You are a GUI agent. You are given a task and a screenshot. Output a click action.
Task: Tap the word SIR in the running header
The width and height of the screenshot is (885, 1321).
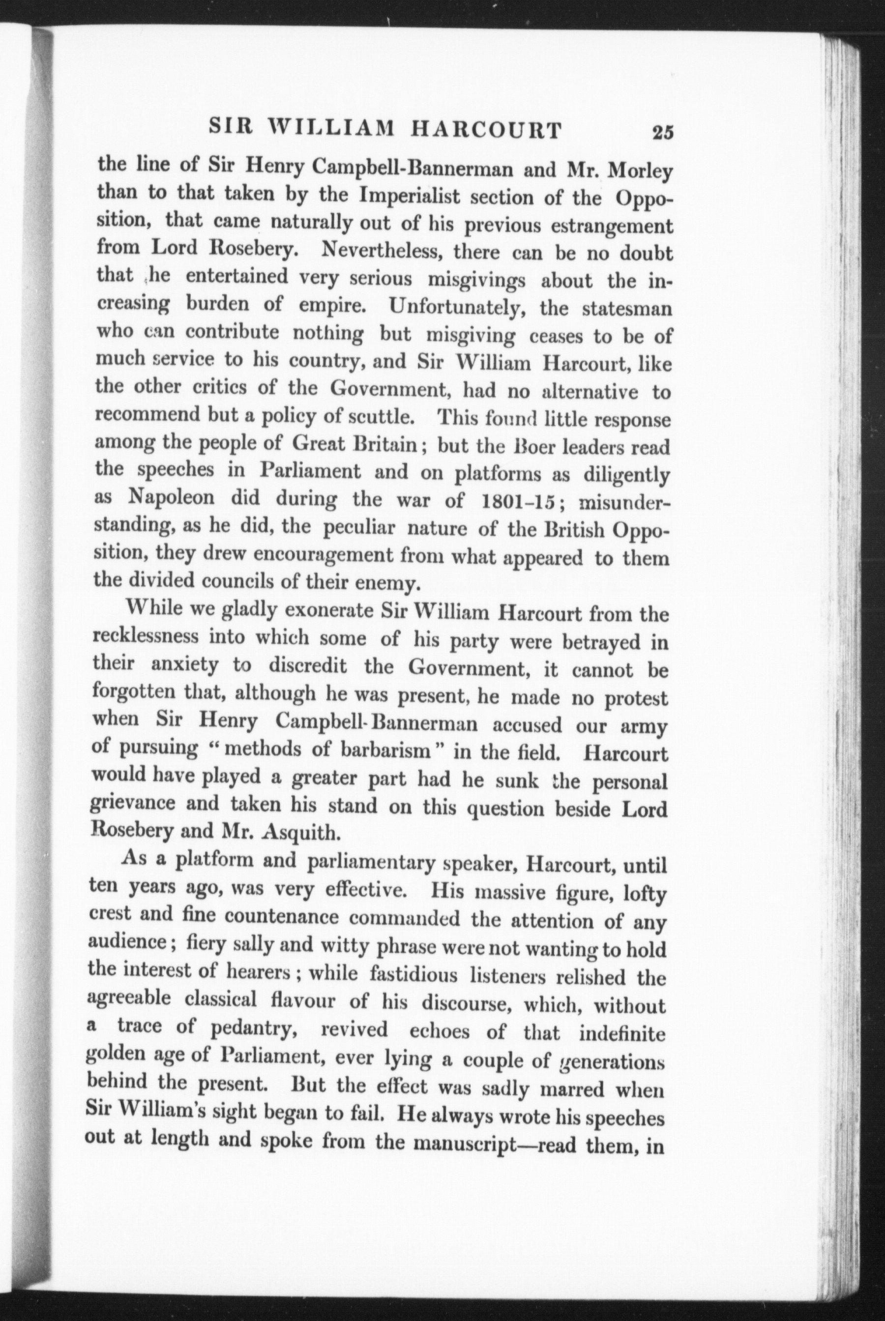[230, 128]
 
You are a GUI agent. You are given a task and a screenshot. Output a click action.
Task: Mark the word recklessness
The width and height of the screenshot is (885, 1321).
[145, 637]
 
